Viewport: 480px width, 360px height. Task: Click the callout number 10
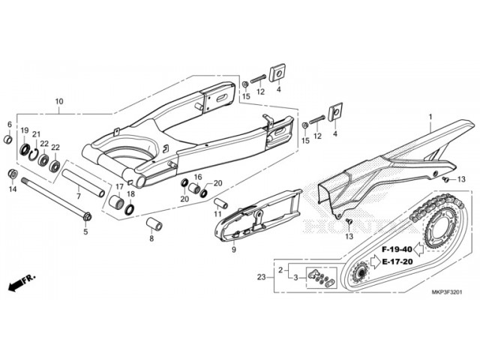59,100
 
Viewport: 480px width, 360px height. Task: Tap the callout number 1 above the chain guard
430,118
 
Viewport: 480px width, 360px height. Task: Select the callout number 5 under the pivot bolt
85,232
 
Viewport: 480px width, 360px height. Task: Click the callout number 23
260,277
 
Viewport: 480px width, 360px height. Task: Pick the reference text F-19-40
396,248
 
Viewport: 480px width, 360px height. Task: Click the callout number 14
11,190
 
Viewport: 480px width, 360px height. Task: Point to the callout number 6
10,124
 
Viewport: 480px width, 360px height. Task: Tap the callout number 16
199,177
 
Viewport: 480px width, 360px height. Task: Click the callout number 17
118,186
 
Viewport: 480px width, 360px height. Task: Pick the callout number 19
24,130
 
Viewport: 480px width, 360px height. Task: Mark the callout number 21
36,133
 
